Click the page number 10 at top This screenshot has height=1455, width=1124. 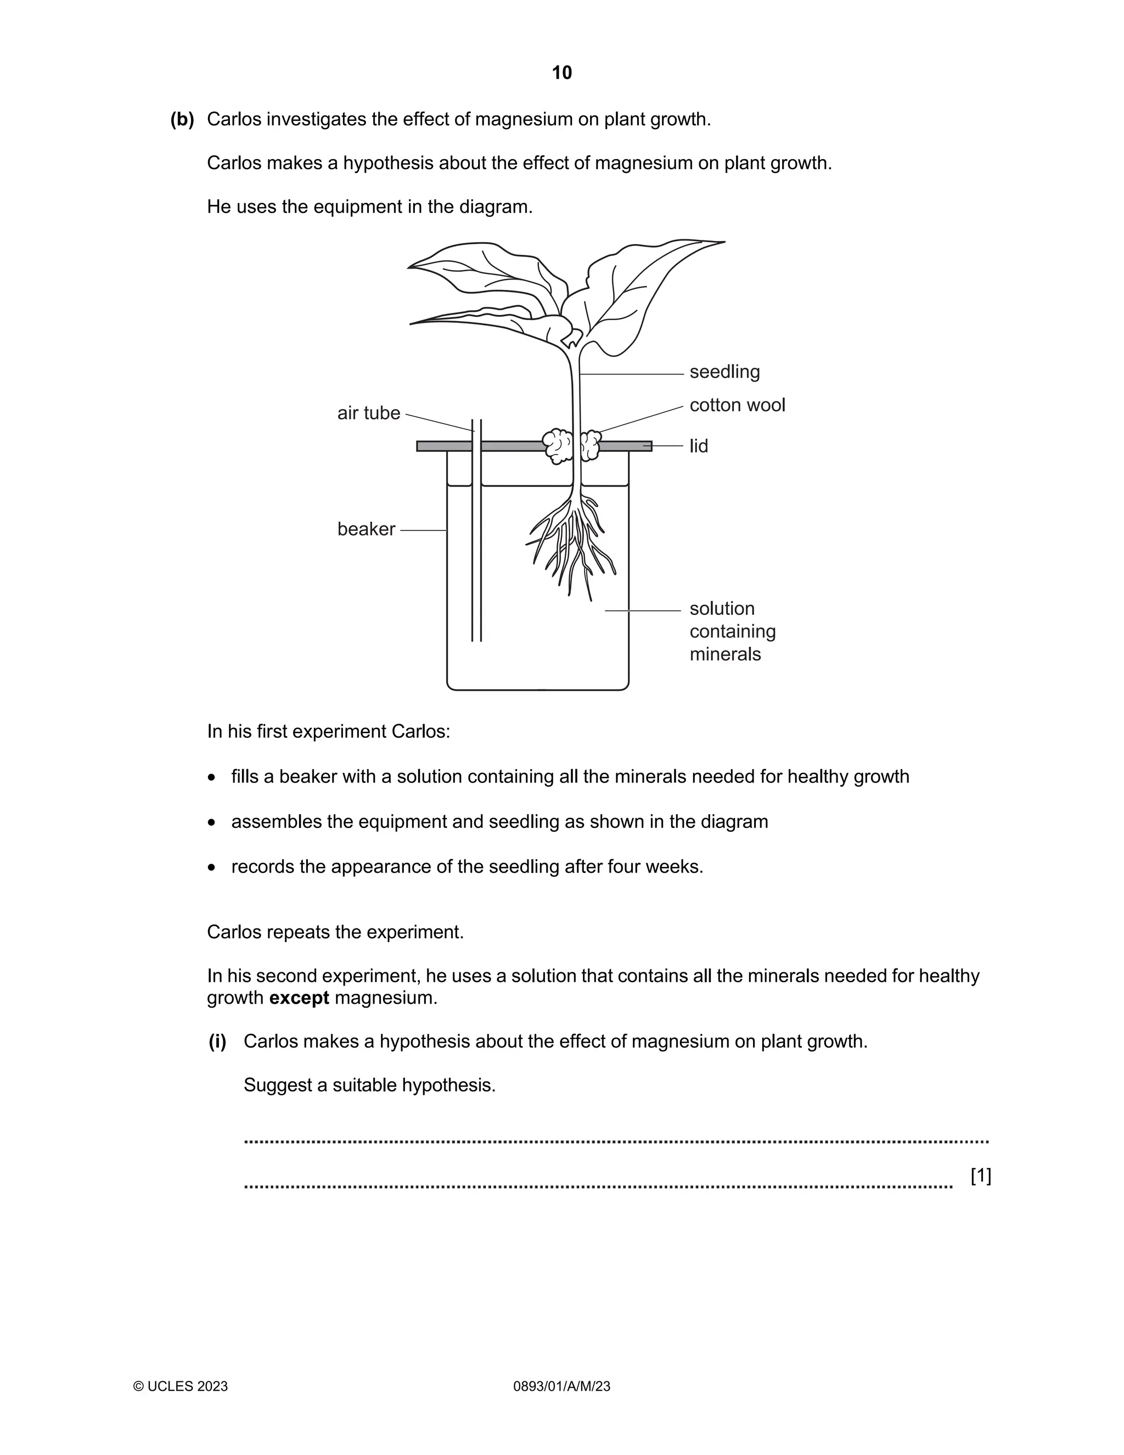561,72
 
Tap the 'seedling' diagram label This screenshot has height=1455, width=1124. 724,372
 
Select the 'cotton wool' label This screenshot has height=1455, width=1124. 737,405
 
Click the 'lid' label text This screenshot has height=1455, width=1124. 699,446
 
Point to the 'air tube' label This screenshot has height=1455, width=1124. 368,413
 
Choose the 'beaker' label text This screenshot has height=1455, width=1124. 366,529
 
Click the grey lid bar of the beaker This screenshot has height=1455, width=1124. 506,446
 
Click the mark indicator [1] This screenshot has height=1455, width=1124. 980,1176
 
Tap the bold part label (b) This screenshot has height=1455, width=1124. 182,119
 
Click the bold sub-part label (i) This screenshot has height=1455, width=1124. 218,1041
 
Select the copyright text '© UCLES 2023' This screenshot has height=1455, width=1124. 181,1386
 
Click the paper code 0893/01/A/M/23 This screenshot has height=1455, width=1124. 561,1386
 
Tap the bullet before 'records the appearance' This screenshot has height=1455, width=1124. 212,868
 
